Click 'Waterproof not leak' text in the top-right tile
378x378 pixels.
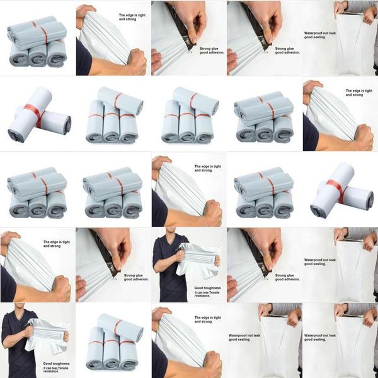pos(319,33)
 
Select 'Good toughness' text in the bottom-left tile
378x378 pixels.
pos(56,364)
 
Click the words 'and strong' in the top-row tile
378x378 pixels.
pos(127,20)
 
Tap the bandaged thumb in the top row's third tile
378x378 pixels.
pos(192,36)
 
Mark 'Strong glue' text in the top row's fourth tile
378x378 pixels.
pos(285,49)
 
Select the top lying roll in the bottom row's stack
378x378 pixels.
pos(120,328)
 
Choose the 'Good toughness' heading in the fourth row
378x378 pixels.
pos(207,288)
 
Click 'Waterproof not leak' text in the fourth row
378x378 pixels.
pos(319,260)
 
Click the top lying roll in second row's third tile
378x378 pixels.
pos(196,101)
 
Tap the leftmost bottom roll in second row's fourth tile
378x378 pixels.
pos(246,132)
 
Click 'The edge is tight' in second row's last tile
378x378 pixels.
pos(359,91)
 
